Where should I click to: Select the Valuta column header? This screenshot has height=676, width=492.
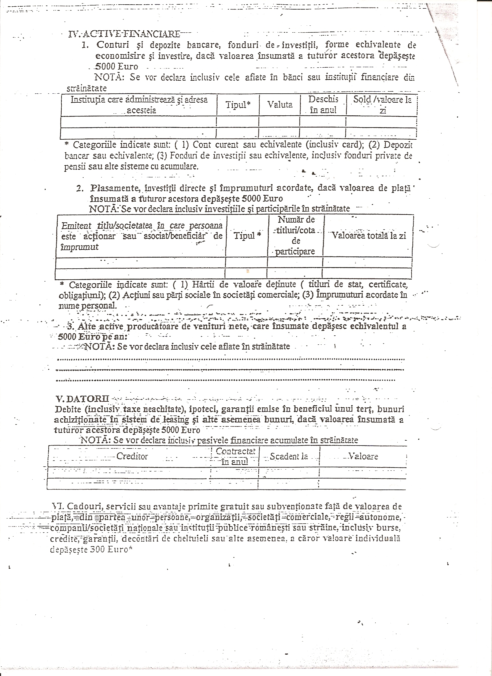click(280, 105)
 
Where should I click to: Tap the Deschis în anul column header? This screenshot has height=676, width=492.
click(323, 105)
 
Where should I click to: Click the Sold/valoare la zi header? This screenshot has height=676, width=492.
click(382, 105)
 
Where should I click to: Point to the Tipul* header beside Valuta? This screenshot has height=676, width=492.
click(238, 105)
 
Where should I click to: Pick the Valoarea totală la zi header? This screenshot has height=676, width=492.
click(369, 235)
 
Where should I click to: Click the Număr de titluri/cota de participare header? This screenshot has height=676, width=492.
click(296, 235)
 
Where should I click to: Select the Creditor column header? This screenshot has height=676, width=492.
click(132, 456)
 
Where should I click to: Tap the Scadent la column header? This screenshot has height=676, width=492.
click(289, 456)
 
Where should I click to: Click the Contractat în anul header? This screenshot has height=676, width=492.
click(235, 456)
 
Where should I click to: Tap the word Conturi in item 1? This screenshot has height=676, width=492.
click(113, 45)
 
